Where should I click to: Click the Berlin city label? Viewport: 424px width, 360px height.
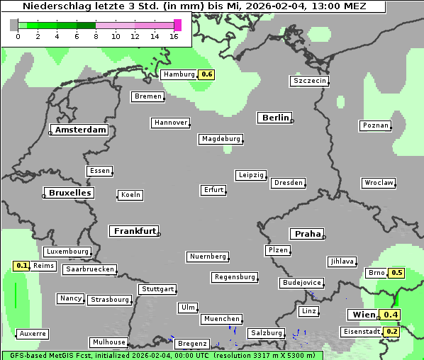pos(275,118)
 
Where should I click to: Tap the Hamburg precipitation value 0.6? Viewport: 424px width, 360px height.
pos(206,74)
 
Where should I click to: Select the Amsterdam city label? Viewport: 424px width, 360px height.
pos(80,130)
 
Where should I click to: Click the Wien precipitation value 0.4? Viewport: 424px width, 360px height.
pos(391,315)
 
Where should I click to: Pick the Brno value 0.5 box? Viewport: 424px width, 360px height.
pos(396,273)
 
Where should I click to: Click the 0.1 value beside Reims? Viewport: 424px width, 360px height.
pos(22,266)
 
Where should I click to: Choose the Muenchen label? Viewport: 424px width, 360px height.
pos(222,319)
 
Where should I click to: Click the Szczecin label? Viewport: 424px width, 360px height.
pos(310,81)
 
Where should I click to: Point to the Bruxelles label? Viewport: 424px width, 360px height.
pos(69,193)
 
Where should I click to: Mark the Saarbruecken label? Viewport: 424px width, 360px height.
pos(89,269)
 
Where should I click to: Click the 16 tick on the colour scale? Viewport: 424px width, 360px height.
pos(174,36)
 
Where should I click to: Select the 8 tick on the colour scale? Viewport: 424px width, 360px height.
pos(96,36)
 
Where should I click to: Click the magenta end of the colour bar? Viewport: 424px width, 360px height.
pos(177,25)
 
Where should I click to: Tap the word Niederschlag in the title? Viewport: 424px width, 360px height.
pos(54,6)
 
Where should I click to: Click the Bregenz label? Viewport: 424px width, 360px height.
pos(192,344)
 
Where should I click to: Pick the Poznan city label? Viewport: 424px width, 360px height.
pos(375,125)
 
